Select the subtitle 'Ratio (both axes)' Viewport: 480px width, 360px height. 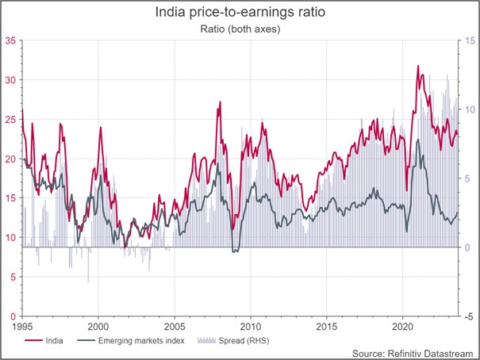coord(240,29)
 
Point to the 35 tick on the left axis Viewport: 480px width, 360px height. coord(10,40)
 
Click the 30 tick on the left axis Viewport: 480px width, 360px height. coord(10,80)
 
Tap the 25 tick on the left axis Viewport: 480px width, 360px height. coord(10,119)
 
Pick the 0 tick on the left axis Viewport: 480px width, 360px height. coord(13,316)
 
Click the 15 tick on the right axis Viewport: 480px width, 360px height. coord(470,40)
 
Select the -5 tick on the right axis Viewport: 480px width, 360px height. coord(470,316)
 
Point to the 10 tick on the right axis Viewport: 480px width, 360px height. coord(470,109)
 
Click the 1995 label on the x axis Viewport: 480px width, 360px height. coord(23,326)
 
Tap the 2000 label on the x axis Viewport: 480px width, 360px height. coord(98,326)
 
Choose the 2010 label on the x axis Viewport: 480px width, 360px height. coord(251,326)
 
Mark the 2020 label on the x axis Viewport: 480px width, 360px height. coord(402,326)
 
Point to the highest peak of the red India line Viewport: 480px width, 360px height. coord(417,67)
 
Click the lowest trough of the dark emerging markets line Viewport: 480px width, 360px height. coord(234,252)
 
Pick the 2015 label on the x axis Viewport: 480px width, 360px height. coord(326,326)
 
